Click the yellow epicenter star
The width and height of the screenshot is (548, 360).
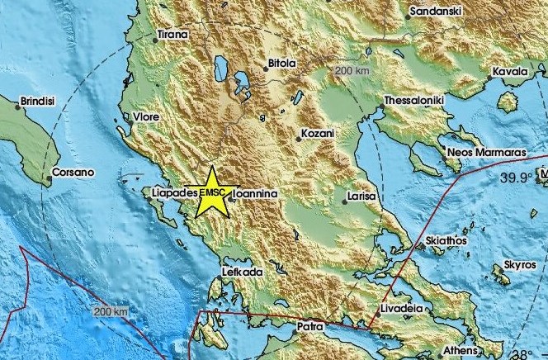tap(211, 191)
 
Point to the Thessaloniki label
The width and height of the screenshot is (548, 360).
tap(414, 101)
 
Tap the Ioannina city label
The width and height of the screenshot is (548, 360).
tap(255, 194)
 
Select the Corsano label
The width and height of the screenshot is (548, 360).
tap(73, 173)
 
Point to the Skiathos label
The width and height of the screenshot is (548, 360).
tap(446, 240)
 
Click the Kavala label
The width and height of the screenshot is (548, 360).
tap(510, 73)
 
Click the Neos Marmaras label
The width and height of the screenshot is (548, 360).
tap(484, 153)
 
